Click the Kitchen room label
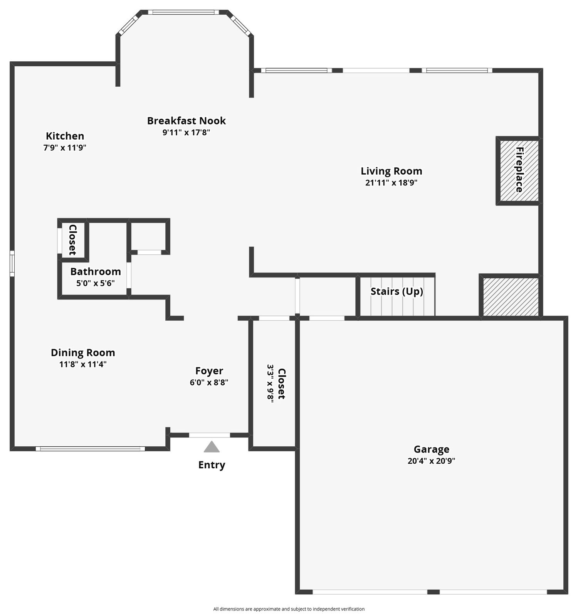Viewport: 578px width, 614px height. coord(65,136)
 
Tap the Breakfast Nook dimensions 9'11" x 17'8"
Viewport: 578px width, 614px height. coord(186,133)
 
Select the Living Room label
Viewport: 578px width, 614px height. coord(391,171)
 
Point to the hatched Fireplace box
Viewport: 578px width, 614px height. coord(519,170)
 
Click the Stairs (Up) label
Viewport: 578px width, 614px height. coord(397,291)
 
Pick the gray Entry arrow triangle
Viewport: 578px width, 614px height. coord(212,447)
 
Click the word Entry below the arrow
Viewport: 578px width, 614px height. coord(212,465)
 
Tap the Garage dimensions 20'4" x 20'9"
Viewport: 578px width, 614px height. coord(432,461)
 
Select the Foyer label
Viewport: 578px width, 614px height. coord(209,371)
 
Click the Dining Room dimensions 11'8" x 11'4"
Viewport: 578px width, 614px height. coord(83,364)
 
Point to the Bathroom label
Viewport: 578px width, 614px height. coord(96,271)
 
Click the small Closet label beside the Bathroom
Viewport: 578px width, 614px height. coord(72,240)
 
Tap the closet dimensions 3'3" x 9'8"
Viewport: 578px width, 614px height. coord(271,384)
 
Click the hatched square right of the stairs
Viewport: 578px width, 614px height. coord(511,297)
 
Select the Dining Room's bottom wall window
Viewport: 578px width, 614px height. coord(90,449)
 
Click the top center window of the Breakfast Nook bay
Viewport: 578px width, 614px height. coord(183,12)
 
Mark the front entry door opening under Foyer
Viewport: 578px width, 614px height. coord(210,435)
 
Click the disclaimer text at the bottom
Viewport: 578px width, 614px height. coord(289,609)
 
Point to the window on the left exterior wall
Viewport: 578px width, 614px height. coord(12,264)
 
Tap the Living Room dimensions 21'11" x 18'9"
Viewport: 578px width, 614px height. coord(391,183)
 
